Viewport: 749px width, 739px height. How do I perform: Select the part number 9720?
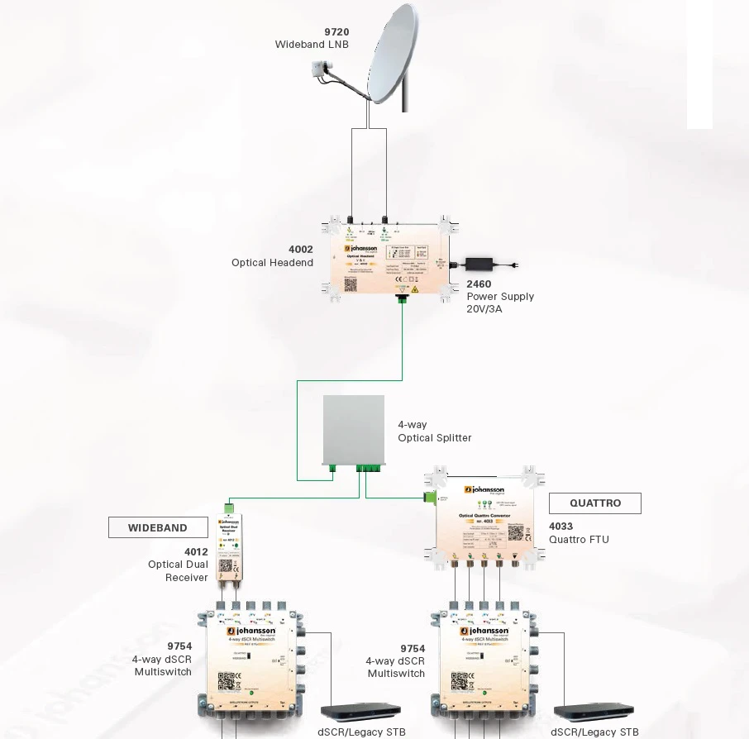pyautogui.click(x=336, y=32)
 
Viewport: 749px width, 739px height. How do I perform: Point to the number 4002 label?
pyautogui.click(x=301, y=249)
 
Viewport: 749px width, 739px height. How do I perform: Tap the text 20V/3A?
pyautogui.click(x=484, y=309)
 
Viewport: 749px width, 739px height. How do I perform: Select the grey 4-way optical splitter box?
pyautogui.click(x=353, y=430)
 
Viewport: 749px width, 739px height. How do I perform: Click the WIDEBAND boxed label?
pyautogui.click(x=157, y=527)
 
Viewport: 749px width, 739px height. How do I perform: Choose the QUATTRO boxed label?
pyautogui.click(x=595, y=503)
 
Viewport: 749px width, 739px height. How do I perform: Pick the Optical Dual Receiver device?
pyautogui.click(x=229, y=549)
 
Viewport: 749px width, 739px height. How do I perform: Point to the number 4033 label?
pyautogui.click(x=561, y=526)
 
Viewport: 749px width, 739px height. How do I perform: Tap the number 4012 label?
pyautogui.click(x=196, y=551)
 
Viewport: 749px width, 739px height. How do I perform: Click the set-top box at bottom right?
pyautogui.click(x=594, y=711)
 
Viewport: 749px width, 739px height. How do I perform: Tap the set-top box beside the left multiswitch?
pyautogui.click(x=360, y=711)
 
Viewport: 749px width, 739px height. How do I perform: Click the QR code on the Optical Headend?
pyautogui.click(x=351, y=284)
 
